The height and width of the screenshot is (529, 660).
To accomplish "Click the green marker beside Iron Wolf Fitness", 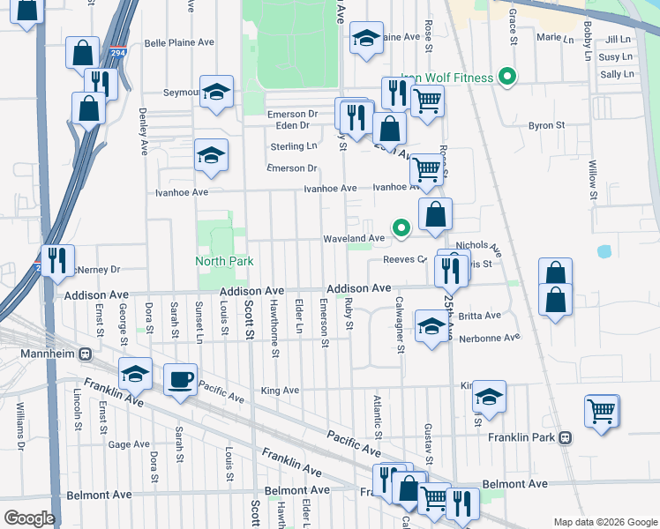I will coord(506,78).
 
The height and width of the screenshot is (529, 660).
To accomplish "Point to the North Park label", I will coord(224,261).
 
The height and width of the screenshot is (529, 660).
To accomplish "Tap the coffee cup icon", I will coord(181,380).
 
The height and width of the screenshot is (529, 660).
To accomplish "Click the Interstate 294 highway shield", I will coord(117,53).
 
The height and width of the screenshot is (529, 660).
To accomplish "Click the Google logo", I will coord(28,518).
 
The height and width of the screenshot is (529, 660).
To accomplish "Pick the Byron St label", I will coord(546,126).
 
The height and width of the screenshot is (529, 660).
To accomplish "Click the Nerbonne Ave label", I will coord(489,338).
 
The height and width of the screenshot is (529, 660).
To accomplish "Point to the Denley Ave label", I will coord(143,131).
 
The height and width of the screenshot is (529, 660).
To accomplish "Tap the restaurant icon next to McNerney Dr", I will coord(57,260).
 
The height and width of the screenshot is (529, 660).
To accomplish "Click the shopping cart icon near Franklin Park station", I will coord(601,411).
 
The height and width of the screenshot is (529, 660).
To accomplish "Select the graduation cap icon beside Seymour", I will coord(214,92).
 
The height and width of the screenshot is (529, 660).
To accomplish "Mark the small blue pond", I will coord(604,251).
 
